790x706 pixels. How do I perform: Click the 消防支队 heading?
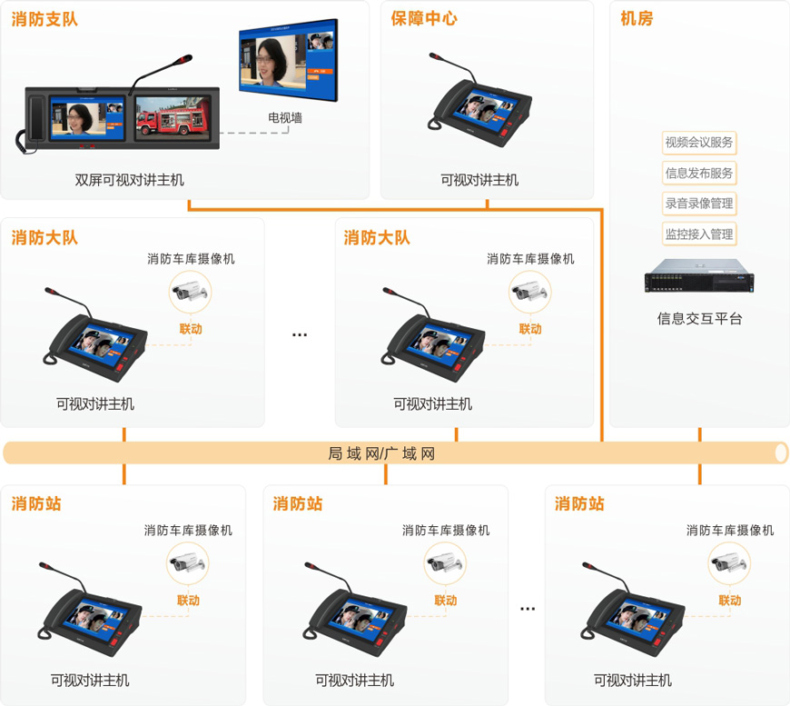(44, 19)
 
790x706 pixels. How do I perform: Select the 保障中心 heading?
(424, 19)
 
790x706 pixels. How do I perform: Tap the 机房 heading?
(637, 19)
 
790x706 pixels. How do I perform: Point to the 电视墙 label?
(285, 117)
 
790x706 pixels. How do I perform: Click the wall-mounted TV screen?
(288, 61)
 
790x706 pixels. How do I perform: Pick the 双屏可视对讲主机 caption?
(130, 180)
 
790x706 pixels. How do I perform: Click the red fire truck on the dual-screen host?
(172, 121)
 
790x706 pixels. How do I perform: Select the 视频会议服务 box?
(699, 143)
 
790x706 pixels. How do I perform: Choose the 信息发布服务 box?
(699, 174)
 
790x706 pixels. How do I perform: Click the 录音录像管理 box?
(699, 204)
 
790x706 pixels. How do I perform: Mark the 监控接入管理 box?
(699, 234)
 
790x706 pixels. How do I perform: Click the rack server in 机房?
(699, 276)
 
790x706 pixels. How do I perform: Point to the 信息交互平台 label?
(699, 319)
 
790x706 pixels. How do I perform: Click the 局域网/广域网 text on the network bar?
(381, 453)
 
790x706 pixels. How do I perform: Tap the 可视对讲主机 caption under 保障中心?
(479, 180)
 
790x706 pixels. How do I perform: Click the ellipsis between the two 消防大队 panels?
(300, 335)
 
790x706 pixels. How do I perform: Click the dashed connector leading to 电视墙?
(254, 133)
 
